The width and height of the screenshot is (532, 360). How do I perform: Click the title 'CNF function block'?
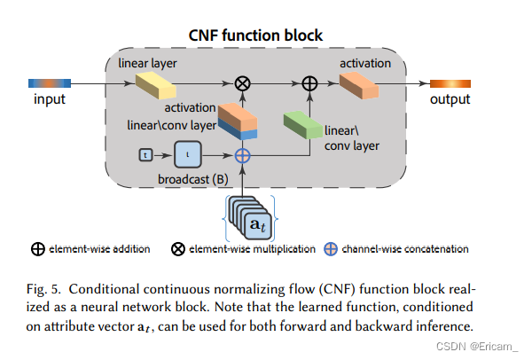tap(257, 36)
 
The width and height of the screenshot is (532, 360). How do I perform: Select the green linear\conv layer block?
tap(301, 123)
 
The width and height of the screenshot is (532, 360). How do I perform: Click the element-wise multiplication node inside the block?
tap(241, 84)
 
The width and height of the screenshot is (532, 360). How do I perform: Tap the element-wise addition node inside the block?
tap(309, 84)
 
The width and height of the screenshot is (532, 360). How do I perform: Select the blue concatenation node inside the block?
tap(241, 154)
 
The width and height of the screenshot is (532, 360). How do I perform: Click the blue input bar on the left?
tap(50, 83)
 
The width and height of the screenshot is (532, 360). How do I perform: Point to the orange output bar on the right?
tap(450, 83)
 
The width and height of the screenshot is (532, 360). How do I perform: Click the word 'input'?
tap(50, 99)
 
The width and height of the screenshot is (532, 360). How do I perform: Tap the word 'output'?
tap(450, 99)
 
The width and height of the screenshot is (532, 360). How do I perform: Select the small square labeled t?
tap(147, 155)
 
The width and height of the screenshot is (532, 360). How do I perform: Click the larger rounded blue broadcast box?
tap(187, 154)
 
